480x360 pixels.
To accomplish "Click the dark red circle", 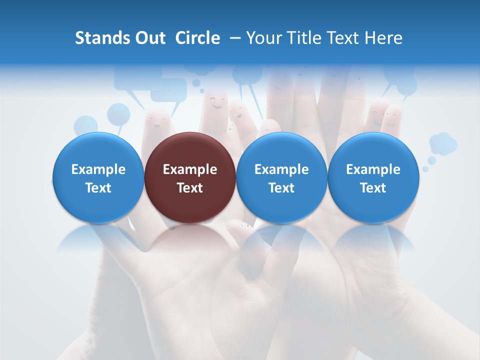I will [190, 177].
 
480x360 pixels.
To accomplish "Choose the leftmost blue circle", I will [98, 177].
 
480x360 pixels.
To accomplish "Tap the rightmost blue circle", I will [373, 177].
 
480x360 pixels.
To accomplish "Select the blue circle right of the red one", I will [281, 177].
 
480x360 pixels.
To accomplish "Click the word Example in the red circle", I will [190, 169].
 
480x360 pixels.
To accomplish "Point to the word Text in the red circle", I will [190, 188].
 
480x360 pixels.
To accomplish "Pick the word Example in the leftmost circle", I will [98, 169].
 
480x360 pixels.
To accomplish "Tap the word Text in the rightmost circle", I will [373, 188].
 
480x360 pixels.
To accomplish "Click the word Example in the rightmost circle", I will [373, 169].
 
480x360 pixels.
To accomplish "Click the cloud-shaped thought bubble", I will [443, 143].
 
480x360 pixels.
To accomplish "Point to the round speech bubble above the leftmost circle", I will [118, 114].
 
